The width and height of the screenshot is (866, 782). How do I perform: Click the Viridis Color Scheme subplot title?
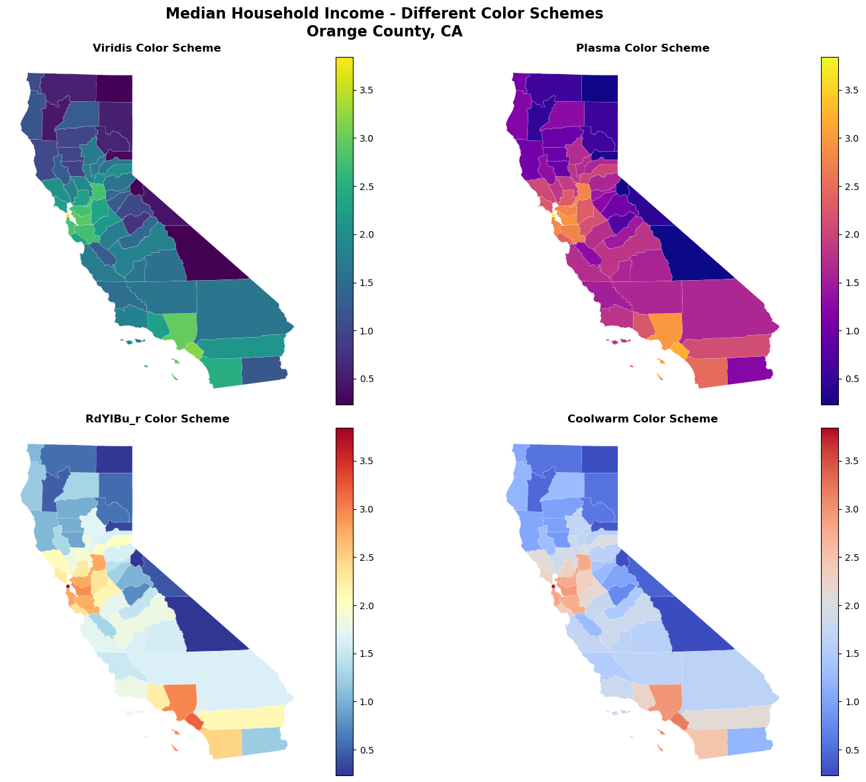156,48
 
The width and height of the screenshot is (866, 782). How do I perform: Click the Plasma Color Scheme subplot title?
642,48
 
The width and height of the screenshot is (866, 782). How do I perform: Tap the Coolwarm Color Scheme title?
642,419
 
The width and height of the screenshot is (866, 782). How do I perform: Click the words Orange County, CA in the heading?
384,31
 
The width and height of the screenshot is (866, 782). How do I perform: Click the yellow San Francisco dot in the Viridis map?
68,215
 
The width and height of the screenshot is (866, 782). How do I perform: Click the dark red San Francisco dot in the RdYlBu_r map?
68,586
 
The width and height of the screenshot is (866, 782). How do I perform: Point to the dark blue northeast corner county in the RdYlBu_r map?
114,459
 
